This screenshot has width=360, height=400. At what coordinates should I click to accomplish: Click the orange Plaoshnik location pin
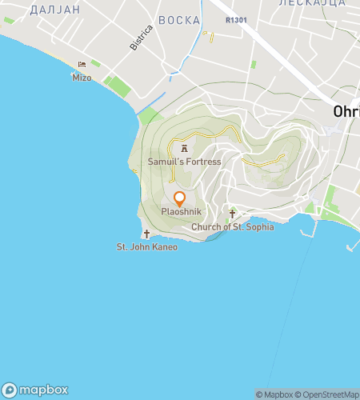tap(179, 198)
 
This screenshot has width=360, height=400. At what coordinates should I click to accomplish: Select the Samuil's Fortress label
tap(184, 162)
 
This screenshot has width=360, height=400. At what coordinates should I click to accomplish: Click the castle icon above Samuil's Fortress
tap(184, 148)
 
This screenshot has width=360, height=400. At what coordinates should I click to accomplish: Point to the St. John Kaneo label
tap(147, 247)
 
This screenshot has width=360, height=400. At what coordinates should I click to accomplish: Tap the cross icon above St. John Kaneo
tap(146, 234)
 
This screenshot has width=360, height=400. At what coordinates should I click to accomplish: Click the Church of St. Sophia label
tap(233, 227)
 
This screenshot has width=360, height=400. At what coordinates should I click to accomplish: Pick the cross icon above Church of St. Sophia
tap(233, 214)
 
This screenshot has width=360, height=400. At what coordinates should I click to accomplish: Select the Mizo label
tap(82, 78)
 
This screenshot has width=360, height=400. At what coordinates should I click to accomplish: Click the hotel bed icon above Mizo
tap(82, 65)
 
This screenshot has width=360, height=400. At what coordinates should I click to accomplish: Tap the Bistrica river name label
tap(140, 38)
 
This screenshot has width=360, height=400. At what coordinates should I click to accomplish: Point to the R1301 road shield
tap(235, 18)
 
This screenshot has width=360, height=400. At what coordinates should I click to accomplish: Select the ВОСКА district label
tap(178, 20)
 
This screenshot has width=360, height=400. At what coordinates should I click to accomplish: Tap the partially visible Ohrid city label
tap(347, 113)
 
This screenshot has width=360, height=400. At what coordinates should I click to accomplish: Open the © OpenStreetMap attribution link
tap(330, 394)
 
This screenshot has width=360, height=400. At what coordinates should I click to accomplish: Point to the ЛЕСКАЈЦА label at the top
tap(312, 3)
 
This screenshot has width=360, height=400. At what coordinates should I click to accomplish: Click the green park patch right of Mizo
tap(117, 86)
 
